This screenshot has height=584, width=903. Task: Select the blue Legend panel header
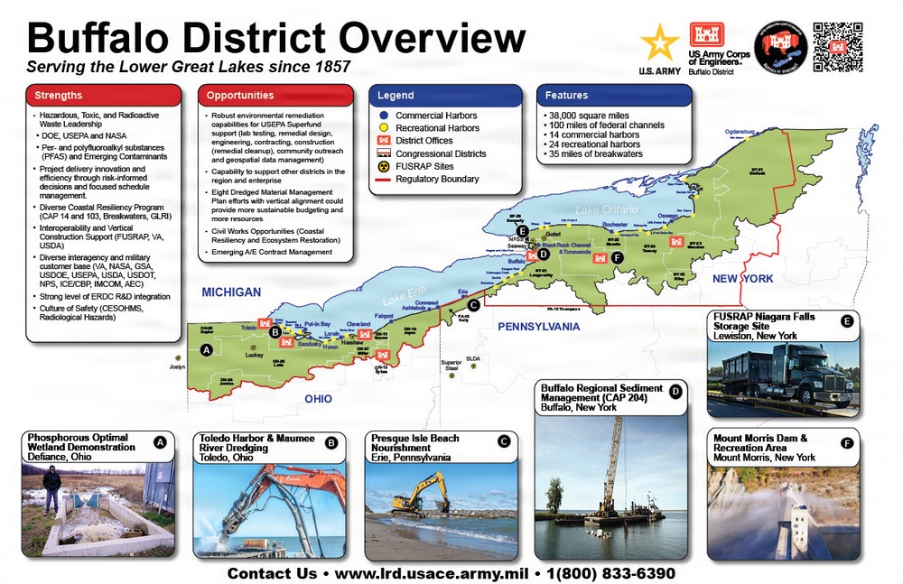[446, 95]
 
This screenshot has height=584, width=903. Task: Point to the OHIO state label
[319, 398]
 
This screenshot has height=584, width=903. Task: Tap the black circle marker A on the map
[207, 349]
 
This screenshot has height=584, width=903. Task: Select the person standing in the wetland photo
[51, 487]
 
